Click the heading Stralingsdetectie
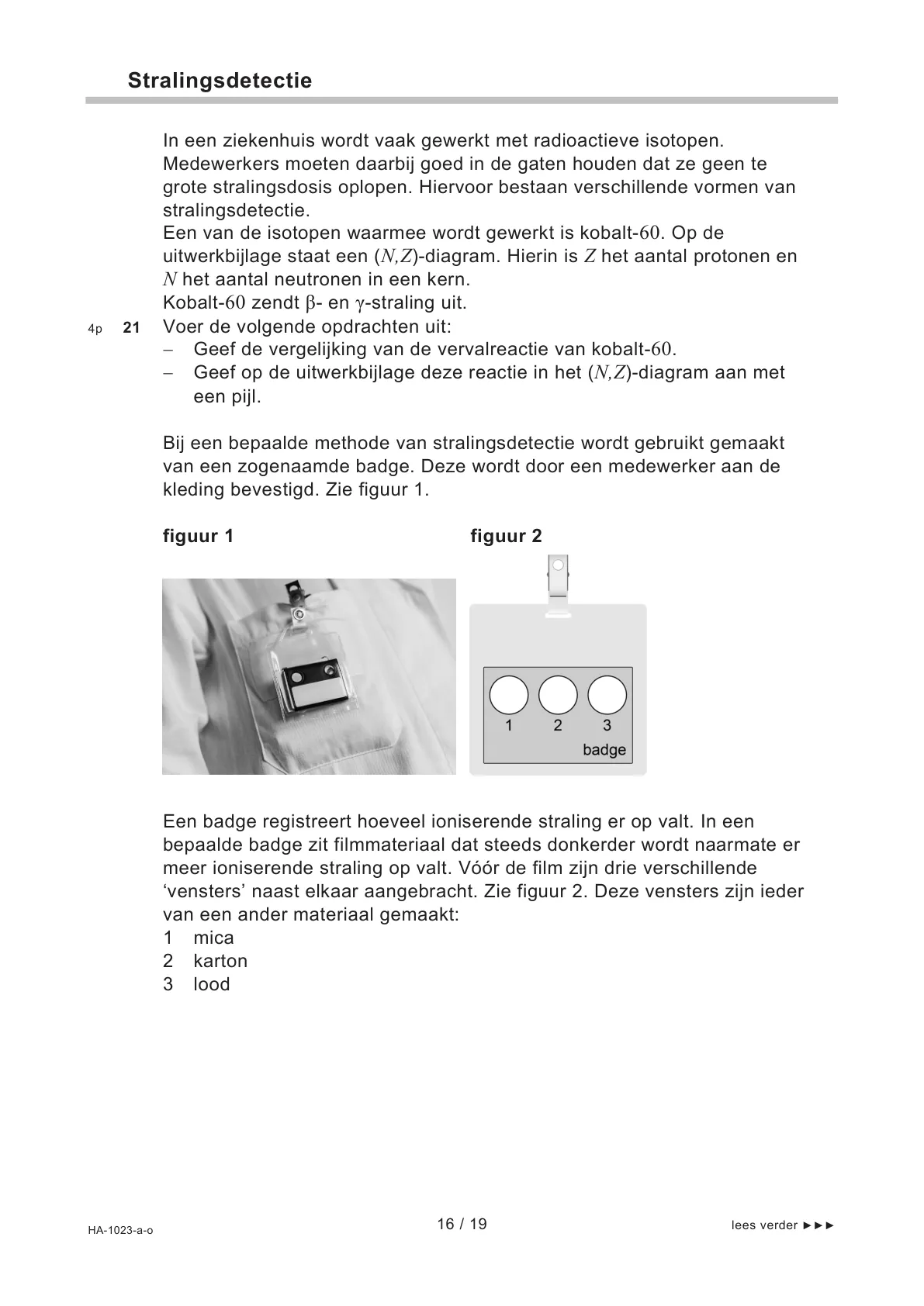click(x=220, y=81)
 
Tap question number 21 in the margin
click(x=132, y=328)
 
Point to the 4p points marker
click(x=95, y=329)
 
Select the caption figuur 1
click(x=198, y=536)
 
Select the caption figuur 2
click(x=506, y=536)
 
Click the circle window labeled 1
click(x=509, y=694)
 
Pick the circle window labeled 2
click(x=558, y=694)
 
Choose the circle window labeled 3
click(x=607, y=694)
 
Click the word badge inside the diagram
click(x=604, y=750)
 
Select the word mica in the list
click(x=213, y=938)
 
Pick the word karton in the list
click(x=220, y=961)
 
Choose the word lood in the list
click(x=212, y=984)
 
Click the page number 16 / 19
click(x=462, y=1224)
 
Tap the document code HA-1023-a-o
click(x=120, y=1230)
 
